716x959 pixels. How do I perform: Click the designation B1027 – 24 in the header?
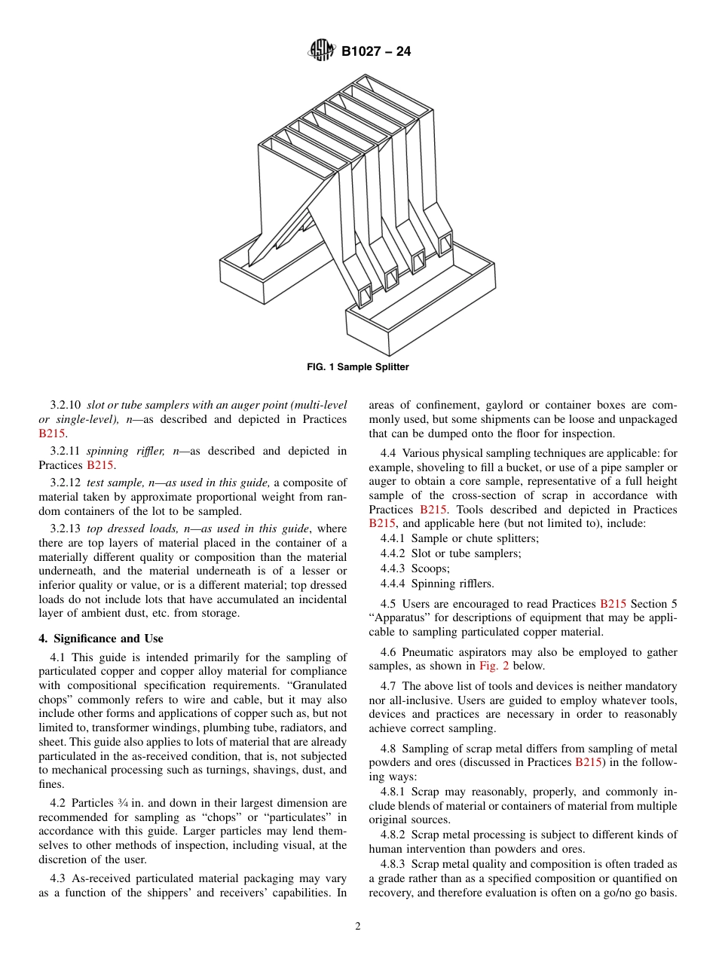click(376, 52)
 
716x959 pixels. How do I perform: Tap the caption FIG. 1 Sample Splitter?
click(358, 367)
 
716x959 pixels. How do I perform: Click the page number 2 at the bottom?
click(358, 927)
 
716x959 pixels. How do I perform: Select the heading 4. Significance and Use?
click(101, 639)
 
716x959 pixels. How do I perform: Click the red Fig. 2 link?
click(492, 666)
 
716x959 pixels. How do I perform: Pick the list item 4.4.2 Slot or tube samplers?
click(451, 553)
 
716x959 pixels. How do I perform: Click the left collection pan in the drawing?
click(256, 268)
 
